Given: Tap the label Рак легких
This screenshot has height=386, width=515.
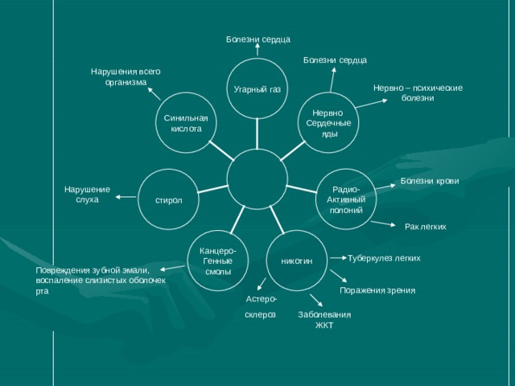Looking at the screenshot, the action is click(426, 227).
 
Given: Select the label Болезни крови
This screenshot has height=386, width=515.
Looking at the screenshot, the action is click(430, 181).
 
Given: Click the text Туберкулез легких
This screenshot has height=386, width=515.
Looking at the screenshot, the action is click(384, 258).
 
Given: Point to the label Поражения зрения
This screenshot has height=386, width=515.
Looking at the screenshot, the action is click(377, 290).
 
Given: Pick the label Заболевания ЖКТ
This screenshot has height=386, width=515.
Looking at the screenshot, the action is click(324, 320).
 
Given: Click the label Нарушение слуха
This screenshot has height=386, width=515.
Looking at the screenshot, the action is click(87, 195).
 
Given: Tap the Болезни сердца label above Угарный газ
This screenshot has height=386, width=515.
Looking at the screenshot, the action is click(258, 39).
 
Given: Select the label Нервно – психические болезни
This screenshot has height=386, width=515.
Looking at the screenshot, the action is click(418, 93).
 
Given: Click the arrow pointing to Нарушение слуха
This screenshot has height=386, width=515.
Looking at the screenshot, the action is click(126, 197).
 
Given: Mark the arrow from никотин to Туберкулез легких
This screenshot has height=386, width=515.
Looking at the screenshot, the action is click(339, 258).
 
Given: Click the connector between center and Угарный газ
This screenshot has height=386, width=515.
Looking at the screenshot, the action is click(257, 134).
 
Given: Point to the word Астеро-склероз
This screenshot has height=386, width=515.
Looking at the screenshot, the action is click(261, 307).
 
